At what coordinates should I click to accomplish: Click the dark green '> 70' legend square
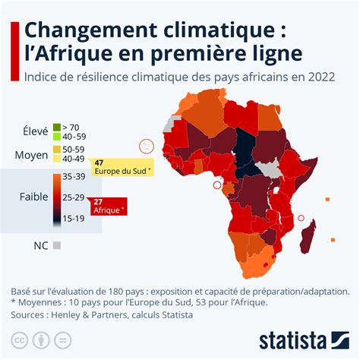coord(55,126)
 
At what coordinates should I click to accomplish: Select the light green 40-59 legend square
coord(55,135)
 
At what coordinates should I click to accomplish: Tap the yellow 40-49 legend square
coord(55,158)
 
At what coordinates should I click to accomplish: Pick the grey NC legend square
coord(56,245)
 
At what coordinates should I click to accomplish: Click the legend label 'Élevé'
coord(35,131)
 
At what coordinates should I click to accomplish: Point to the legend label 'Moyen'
coord(32,155)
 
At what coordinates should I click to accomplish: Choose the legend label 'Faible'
coord(33,197)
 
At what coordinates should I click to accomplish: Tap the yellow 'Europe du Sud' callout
coord(122,167)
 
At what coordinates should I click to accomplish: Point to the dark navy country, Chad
coord(245,149)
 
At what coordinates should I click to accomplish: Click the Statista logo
coord(304,338)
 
